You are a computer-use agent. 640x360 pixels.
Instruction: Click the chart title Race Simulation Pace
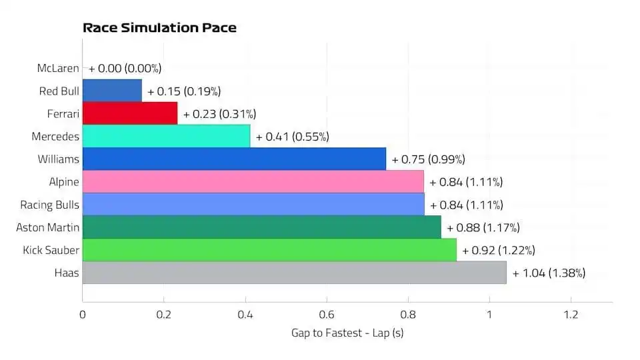click(159, 28)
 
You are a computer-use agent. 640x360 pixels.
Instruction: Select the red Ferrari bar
click(130, 114)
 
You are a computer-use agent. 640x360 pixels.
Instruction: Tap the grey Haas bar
click(294, 273)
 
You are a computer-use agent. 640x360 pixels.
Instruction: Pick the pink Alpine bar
click(253, 182)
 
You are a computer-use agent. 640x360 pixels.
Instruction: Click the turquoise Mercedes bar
click(166, 137)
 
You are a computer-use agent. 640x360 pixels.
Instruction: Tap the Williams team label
click(59, 159)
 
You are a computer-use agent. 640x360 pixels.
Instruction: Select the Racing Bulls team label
click(50, 205)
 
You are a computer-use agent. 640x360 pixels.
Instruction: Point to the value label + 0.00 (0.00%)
click(125, 68)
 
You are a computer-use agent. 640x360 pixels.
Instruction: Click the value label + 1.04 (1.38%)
click(549, 273)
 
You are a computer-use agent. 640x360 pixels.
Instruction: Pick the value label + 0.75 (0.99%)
click(428, 159)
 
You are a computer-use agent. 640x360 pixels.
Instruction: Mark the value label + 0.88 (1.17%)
click(483, 227)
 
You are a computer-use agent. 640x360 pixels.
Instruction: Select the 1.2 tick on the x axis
click(571, 315)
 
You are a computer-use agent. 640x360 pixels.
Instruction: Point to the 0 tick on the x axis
click(83, 315)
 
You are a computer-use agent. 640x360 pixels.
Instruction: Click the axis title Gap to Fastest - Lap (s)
click(347, 333)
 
